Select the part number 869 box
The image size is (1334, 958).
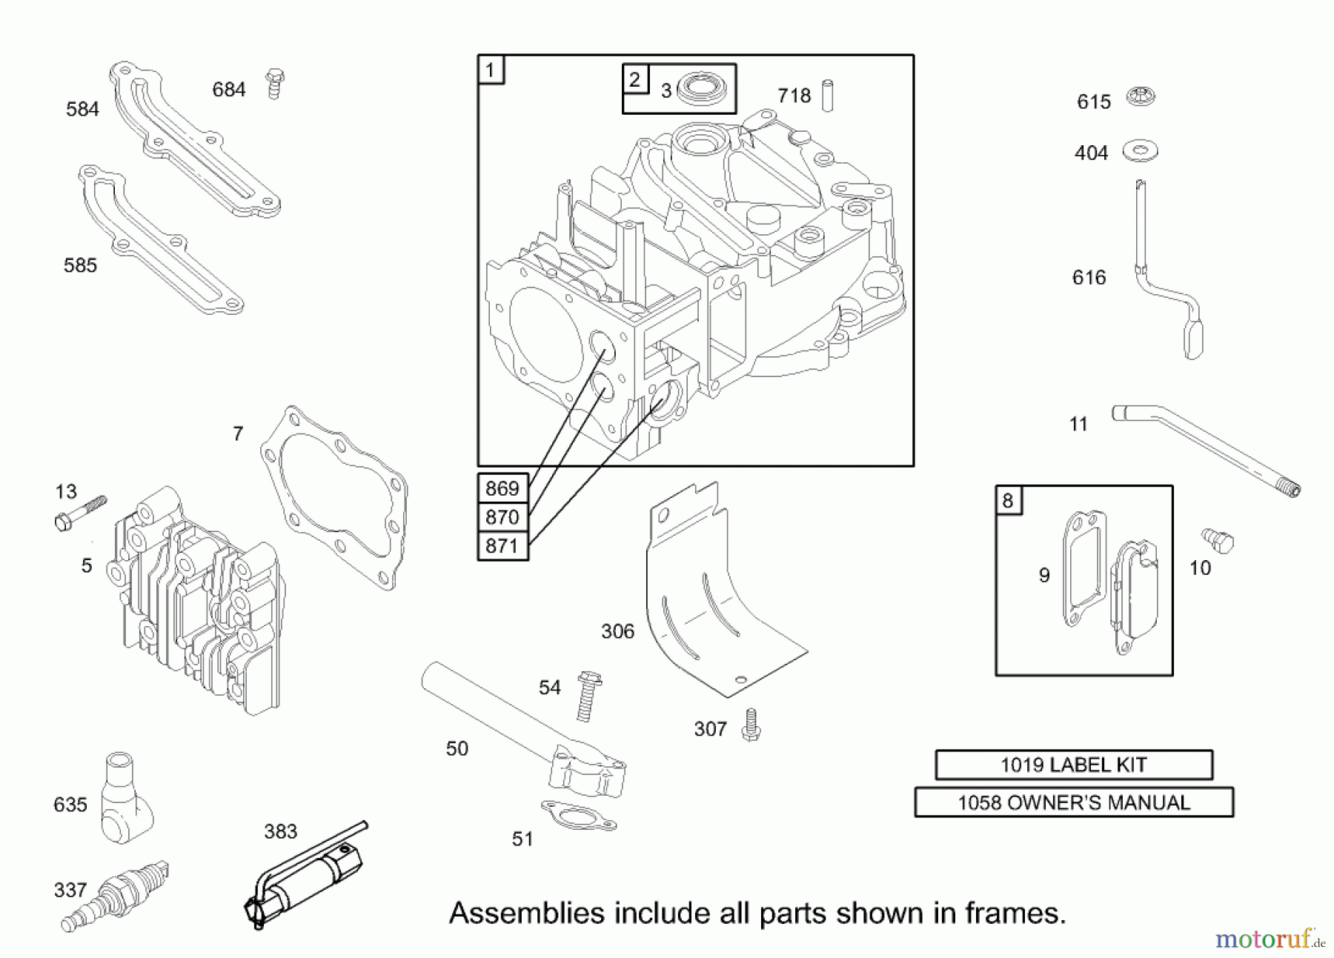click(502, 488)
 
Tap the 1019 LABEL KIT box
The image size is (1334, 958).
click(1073, 765)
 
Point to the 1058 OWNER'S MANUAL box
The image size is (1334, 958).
click(1073, 802)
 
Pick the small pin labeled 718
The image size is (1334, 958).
click(828, 96)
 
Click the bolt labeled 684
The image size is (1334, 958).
click(275, 84)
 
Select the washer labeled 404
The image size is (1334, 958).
click(1140, 151)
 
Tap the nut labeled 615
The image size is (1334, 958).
click(1141, 97)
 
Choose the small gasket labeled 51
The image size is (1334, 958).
click(579, 816)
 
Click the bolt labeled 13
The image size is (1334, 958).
click(81, 512)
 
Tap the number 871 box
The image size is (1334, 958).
click(502, 546)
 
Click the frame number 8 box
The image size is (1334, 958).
click(1008, 500)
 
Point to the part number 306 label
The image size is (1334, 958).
click(617, 631)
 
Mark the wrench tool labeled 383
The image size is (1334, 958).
click(304, 878)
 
